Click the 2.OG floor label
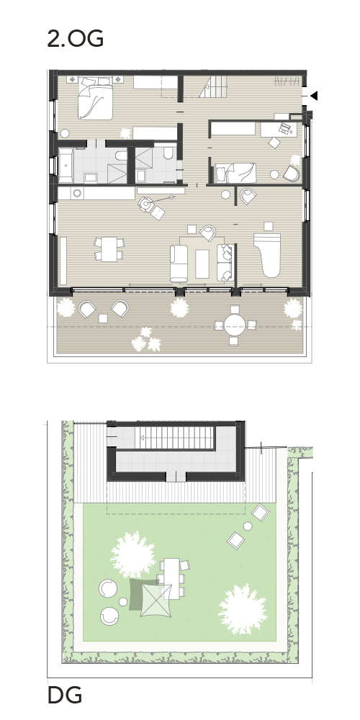pyautogui.click(x=76, y=39)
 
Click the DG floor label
pyautogui.click(x=65, y=696)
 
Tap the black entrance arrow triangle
pyautogui.click(x=314, y=96)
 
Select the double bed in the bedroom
pyautogui.click(x=95, y=99)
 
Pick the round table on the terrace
pyautogui.click(x=235, y=325)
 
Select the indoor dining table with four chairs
pyautogui.click(x=109, y=249)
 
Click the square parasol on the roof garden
pyautogui.click(x=156, y=600)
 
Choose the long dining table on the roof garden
pyautogui.click(x=172, y=579)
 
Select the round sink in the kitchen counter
pyautogui.click(x=77, y=193)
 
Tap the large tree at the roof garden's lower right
pyautogui.click(x=242, y=609)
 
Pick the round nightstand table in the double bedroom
pyautogui.click(x=65, y=134)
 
